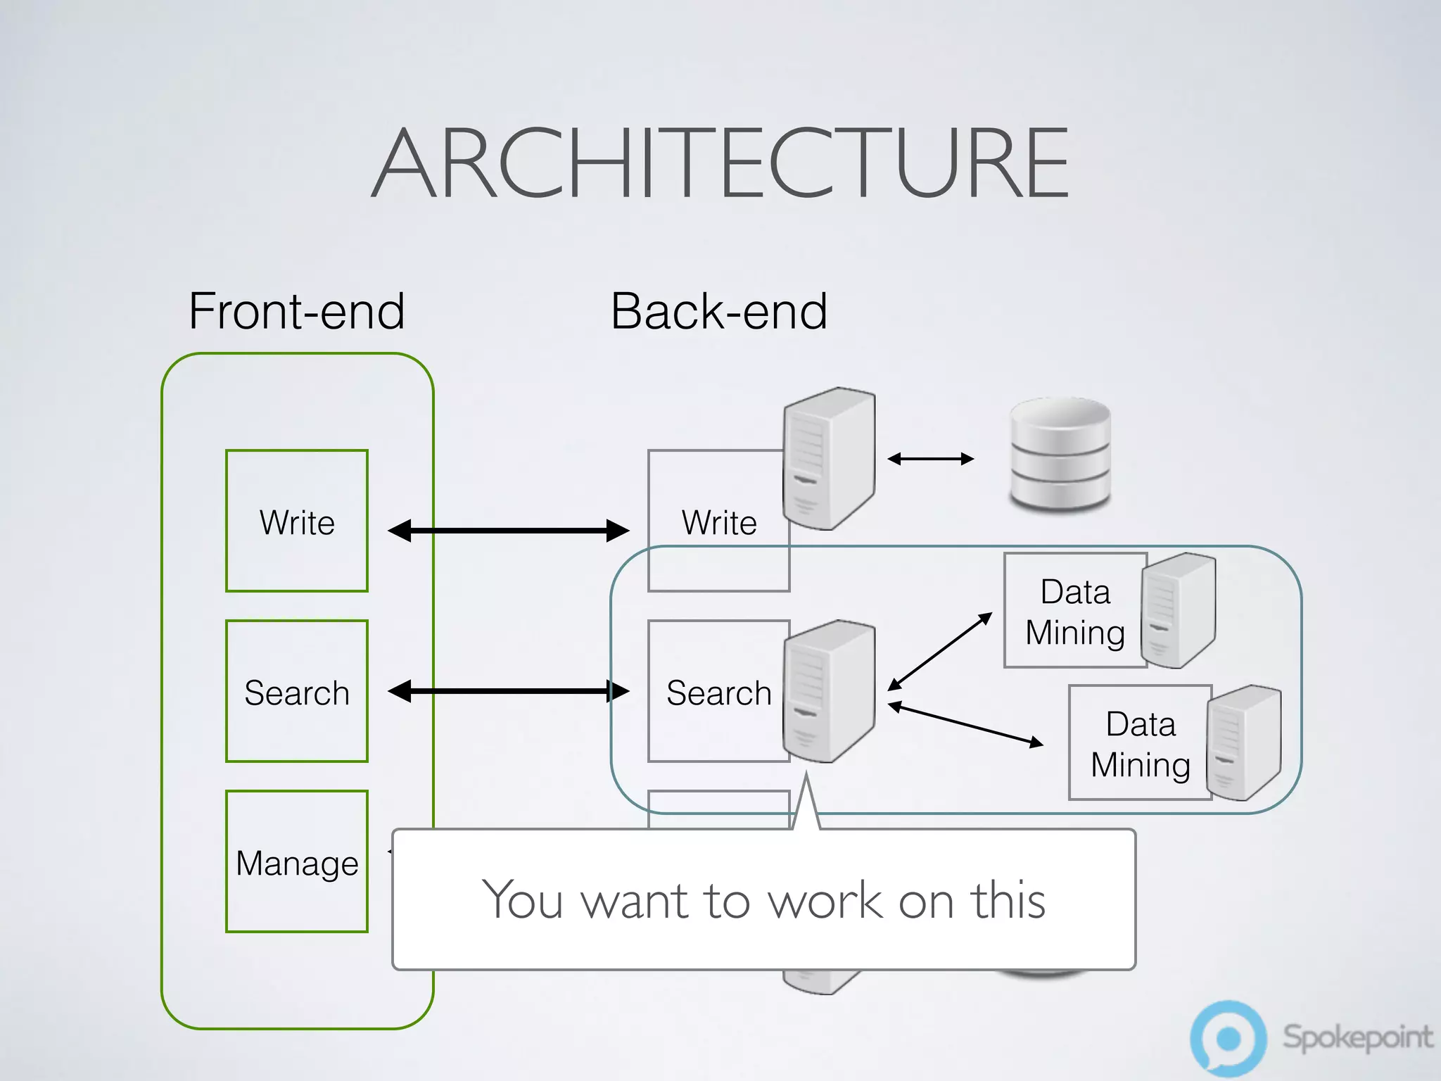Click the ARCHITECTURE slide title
click(720, 163)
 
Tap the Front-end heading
click(296, 311)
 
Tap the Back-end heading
click(718, 311)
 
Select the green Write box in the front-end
click(296, 521)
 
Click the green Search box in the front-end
click(296, 691)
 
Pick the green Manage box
click(296, 861)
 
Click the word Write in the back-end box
click(718, 523)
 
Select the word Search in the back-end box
click(718, 693)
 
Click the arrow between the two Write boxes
click(508, 531)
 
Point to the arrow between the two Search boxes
click(508, 691)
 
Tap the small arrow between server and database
click(930, 459)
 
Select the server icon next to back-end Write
click(830, 457)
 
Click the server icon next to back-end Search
click(830, 691)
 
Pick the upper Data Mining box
click(1074, 611)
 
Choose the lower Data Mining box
click(1140, 743)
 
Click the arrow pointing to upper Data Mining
click(940, 651)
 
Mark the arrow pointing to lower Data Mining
click(965, 724)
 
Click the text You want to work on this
click(763, 900)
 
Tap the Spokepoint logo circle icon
click(1228, 1038)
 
